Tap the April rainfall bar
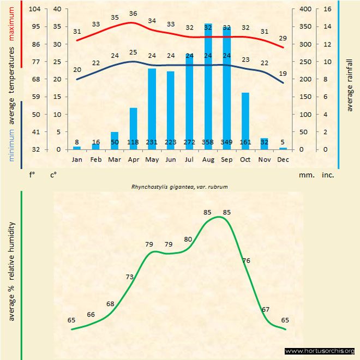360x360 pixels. [133, 128]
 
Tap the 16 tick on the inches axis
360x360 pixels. [328, 9]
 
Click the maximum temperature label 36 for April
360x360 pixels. [133, 14]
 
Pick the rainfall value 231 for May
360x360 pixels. [152, 142]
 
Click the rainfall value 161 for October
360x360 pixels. [245, 142]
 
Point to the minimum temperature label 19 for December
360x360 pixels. [283, 73]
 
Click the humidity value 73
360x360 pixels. [129, 277]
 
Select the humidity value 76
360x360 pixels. [246, 261]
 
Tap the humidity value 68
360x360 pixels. [110, 304]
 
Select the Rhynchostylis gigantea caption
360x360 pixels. [179, 187]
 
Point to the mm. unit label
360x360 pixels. [305, 175]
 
